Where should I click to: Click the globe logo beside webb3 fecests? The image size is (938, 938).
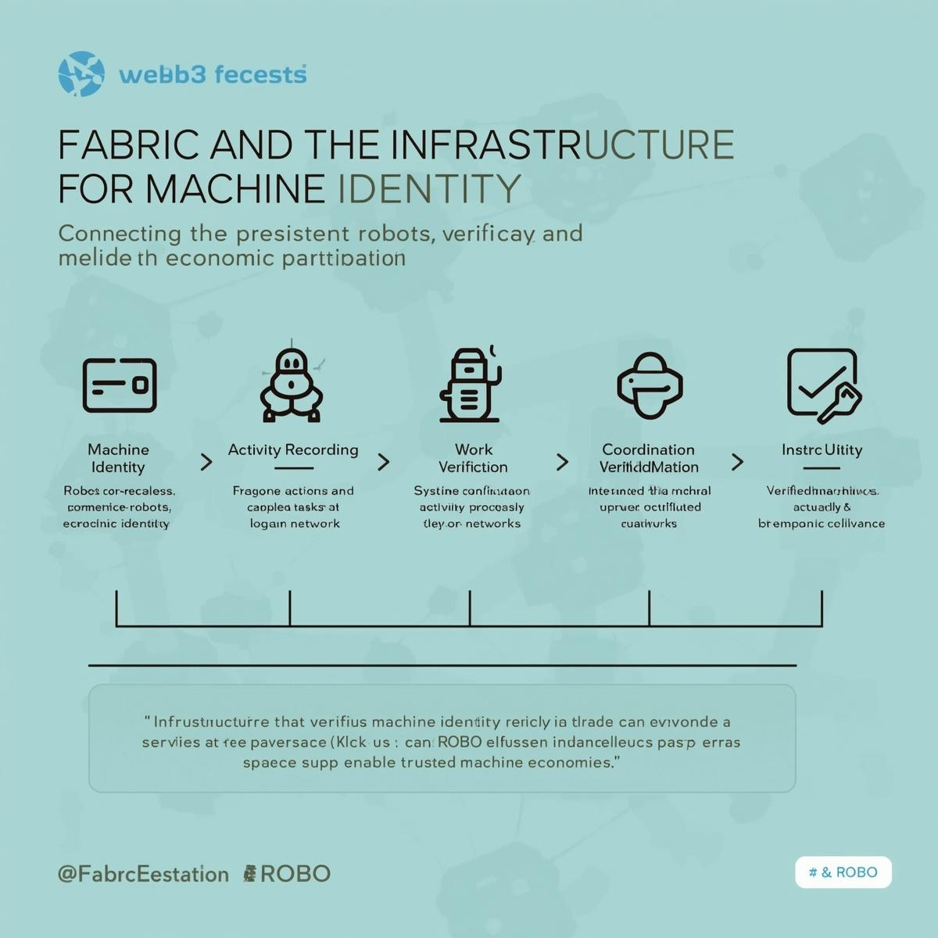click(x=81, y=74)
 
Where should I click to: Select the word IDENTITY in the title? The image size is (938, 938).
click(x=430, y=189)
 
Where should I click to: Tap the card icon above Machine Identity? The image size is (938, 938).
click(x=120, y=385)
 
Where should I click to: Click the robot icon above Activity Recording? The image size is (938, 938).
click(x=292, y=385)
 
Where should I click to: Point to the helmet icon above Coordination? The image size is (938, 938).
click(x=650, y=385)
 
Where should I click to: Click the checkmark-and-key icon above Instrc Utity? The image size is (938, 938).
click(x=823, y=384)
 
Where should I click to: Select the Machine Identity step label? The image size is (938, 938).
click(x=118, y=458)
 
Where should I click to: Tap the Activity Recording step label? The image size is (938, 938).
click(x=293, y=449)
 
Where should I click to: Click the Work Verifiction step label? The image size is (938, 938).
click(x=473, y=458)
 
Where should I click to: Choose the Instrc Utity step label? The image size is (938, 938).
click(x=822, y=449)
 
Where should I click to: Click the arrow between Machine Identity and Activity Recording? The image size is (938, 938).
click(x=206, y=462)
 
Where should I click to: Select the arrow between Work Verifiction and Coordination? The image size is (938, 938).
click(x=562, y=462)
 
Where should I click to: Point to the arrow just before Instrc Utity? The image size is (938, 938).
click(x=737, y=462)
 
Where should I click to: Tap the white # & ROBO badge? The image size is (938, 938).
click(x=843, y=872)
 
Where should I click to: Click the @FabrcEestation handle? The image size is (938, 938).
click(x=143, y=874)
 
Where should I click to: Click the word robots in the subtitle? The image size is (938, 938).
click(x=394, y=233)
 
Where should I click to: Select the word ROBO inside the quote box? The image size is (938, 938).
click(x=460, y=742)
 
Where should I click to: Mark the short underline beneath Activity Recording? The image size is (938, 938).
click(x=294, y=468)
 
